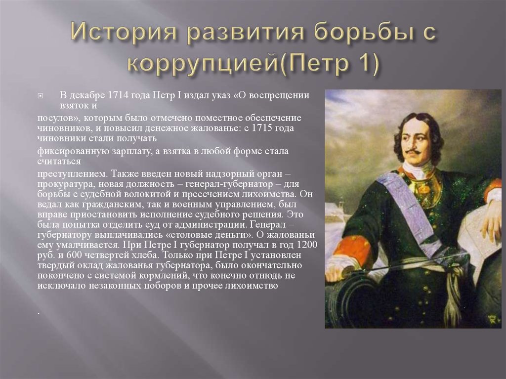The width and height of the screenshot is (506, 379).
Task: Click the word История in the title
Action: pyautogui.click(x=123, y=32)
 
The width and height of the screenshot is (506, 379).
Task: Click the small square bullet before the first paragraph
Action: pyautogui.click(x=41, y=96)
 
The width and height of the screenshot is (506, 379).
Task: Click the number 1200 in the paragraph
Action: pyautogui.click(x=307, y=245)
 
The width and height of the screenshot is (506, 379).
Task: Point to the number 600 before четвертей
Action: pyautogui.click(x=75, y=255)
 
